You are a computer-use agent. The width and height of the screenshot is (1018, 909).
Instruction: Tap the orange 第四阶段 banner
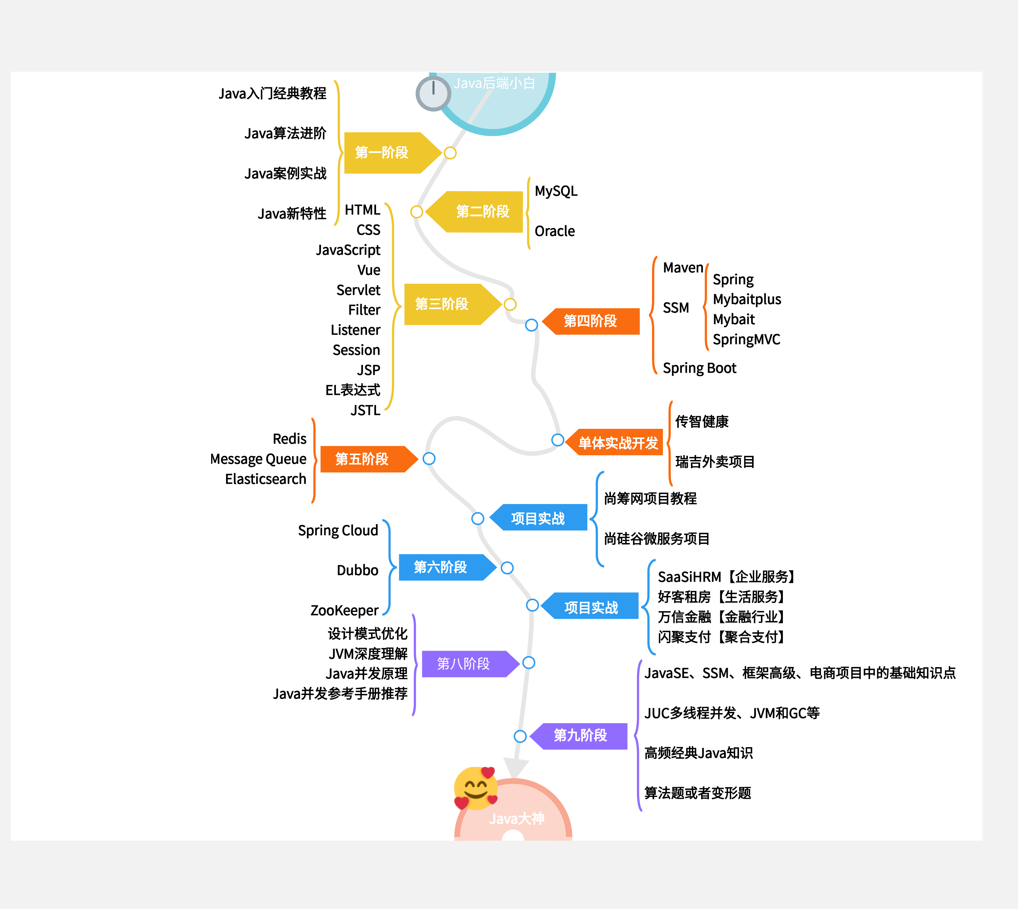coord(591,321)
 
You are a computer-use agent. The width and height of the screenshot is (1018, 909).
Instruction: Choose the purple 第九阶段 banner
coord(580,736)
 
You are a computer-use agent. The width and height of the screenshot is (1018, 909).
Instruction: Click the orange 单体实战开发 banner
coord(618,443)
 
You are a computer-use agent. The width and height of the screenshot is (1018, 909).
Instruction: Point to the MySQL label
coord(556,191)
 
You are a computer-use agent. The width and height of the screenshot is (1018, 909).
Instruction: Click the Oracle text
coord(554,231)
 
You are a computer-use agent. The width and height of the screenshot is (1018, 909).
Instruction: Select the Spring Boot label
coord(699,368)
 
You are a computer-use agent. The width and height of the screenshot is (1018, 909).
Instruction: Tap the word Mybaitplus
coord(747,299)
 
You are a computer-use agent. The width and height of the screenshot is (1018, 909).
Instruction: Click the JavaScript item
coord(348,250)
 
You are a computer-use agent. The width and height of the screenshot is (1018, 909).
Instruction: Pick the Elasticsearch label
coord(265,479)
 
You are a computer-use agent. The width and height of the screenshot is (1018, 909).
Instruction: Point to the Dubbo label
coord(358,570)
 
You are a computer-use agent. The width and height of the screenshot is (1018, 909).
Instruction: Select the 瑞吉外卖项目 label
coord(715,462)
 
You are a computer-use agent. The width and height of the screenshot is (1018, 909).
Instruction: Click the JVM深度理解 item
coord(368,654)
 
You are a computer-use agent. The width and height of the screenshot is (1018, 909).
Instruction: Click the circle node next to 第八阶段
coord(528,663)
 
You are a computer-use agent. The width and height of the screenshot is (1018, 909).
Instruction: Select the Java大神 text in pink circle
coord(517,819)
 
